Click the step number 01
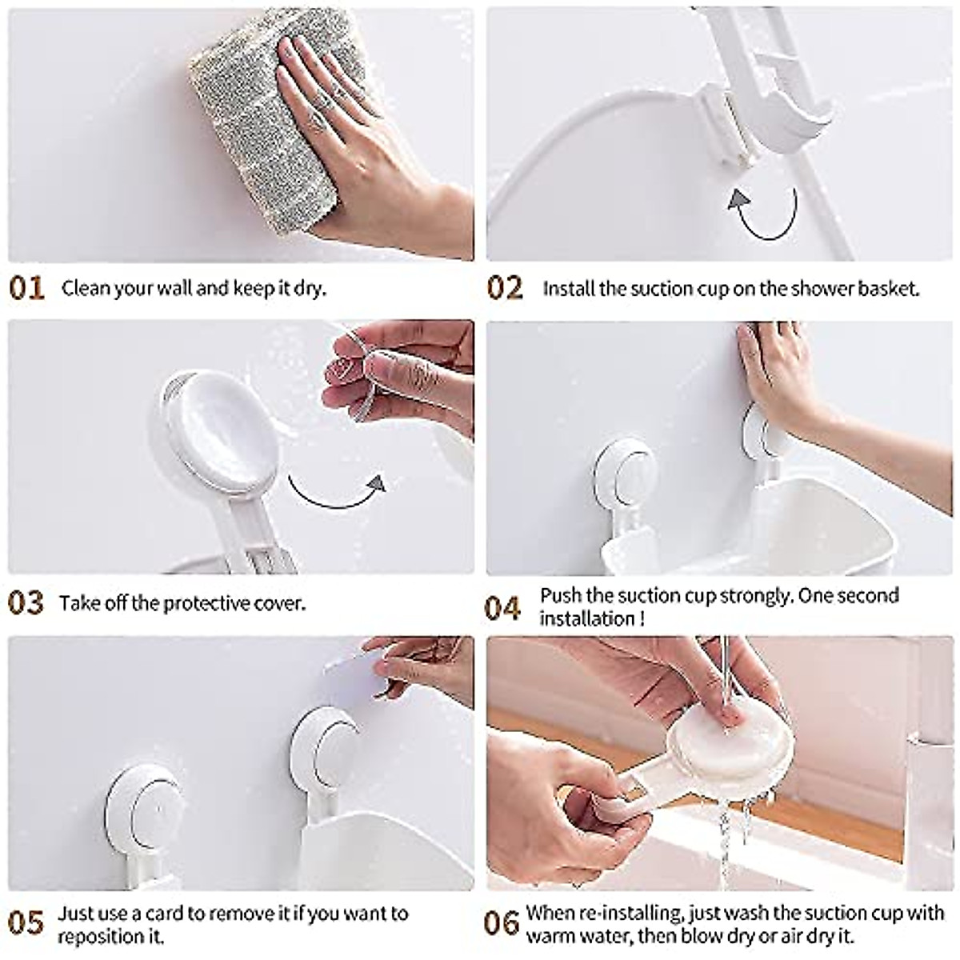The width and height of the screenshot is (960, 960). tap(26, 288)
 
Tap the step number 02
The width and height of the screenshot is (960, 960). tap(505, 288)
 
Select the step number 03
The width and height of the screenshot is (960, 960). tap(26, 602)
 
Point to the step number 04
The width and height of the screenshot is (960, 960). tap(503, 607)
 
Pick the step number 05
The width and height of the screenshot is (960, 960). tap(26, 923)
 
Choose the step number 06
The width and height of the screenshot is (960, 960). tap(502, 923)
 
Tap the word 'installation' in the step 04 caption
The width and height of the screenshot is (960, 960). tap(586, 618)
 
